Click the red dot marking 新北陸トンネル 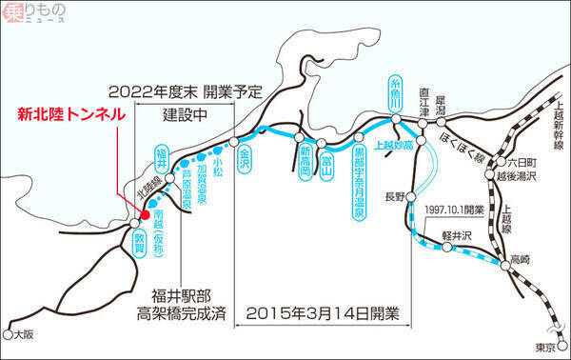[x=146, y=214]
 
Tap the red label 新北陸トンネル [x=71, y=115]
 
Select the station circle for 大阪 [x=8, y=334]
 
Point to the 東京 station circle [x=562, y=345]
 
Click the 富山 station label [x=325, y=167]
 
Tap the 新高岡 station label [x=305, y=163]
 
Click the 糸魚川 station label [x=395, y=93]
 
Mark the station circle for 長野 [x=411, y=197]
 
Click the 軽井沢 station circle [x=447, y=248]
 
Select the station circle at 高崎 [x=505, y=266]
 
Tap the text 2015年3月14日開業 [x=323, y=313]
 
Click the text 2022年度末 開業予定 [x=186, y=91]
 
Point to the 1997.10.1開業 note [x=455, y=210]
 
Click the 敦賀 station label [x=139, y=244]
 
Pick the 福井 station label [x=162, y=159]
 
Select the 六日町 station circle [x=502, y=161]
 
